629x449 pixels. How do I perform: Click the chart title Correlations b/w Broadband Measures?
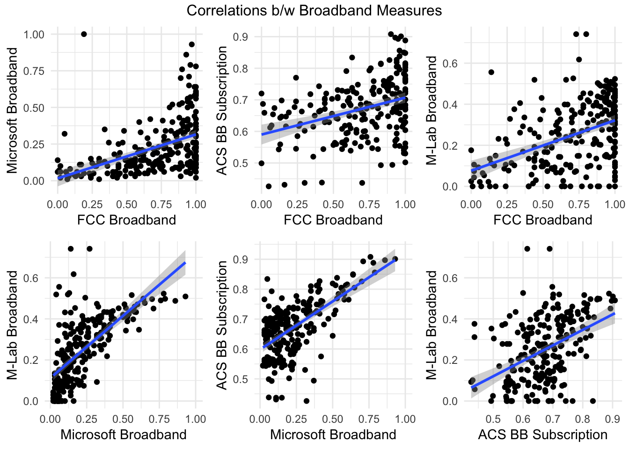314,10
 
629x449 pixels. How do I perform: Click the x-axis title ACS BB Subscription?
543,435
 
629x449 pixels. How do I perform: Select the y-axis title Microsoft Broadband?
13,110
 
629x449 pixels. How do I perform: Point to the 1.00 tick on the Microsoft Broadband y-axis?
34,35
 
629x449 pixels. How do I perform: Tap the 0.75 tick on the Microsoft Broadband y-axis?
34,71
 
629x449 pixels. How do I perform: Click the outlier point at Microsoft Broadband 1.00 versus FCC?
84,34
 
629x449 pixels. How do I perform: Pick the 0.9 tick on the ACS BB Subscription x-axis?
612,419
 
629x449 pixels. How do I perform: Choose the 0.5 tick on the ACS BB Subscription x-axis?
493,419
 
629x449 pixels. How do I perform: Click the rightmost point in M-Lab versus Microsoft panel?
185,296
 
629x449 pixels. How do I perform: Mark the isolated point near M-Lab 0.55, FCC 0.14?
491,72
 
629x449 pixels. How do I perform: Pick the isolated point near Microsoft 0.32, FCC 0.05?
65,134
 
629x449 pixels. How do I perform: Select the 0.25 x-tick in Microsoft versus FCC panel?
92,204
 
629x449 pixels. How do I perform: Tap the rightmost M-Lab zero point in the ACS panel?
593,401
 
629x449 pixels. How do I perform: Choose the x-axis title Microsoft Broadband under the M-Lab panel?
124,435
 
